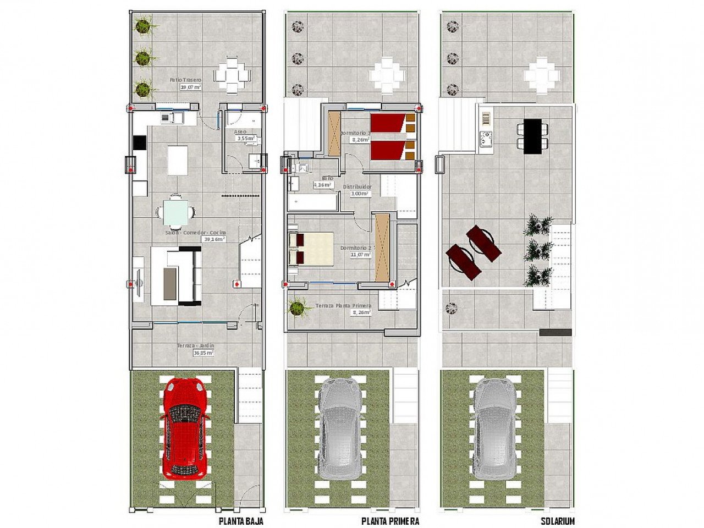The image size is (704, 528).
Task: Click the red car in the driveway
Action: coord(186,427)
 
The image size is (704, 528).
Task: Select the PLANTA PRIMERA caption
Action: coord(390,521)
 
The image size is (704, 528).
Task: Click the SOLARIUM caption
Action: coord(557,521)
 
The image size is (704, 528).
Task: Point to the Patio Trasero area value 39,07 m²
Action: coord(190,87)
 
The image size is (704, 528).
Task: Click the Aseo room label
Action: coord(240,132)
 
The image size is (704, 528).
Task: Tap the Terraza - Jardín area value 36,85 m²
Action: coord(203,353)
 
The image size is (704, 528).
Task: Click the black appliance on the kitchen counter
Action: coord(139,143)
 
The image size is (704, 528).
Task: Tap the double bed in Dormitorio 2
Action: coord(311,249)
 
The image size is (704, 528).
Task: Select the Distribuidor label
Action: coord(357,186)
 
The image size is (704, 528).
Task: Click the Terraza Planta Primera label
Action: coord(343,306)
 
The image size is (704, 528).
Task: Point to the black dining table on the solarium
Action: coord(532,136)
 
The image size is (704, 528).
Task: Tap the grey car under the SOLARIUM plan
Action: coord(495,428)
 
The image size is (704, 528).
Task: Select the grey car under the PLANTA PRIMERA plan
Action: coord(340,428)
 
